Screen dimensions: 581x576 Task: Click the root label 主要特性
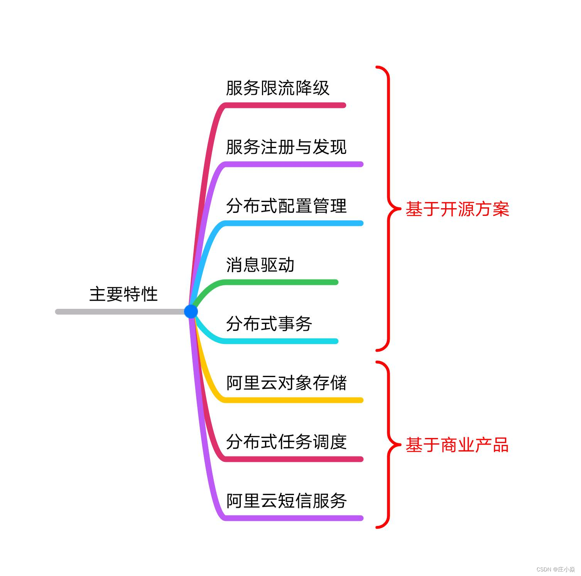click(123, 294)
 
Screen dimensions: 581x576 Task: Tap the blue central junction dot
click(191, 311)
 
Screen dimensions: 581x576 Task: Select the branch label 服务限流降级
click(277, 88)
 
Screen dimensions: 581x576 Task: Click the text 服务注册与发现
click(286, 147)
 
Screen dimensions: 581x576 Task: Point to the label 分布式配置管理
click(286, 206)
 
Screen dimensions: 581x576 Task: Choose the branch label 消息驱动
click(260, 265)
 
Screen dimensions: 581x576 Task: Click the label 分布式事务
click(269, 324)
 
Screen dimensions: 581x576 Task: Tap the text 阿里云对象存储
click(286, 383)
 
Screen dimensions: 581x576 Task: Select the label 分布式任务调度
click(286, 442)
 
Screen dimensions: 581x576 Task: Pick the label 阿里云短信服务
click(286, 501)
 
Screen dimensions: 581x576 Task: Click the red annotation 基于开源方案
click(457, 209)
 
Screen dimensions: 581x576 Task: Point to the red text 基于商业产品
click(457, 445)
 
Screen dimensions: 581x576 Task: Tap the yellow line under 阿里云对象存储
click(293, 400)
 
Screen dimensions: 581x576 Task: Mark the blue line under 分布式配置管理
click(293, 223)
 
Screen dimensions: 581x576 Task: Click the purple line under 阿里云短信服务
click(293, 518)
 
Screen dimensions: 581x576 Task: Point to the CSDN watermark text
click(556, 569)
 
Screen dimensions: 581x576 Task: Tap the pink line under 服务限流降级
click(285, 105)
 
